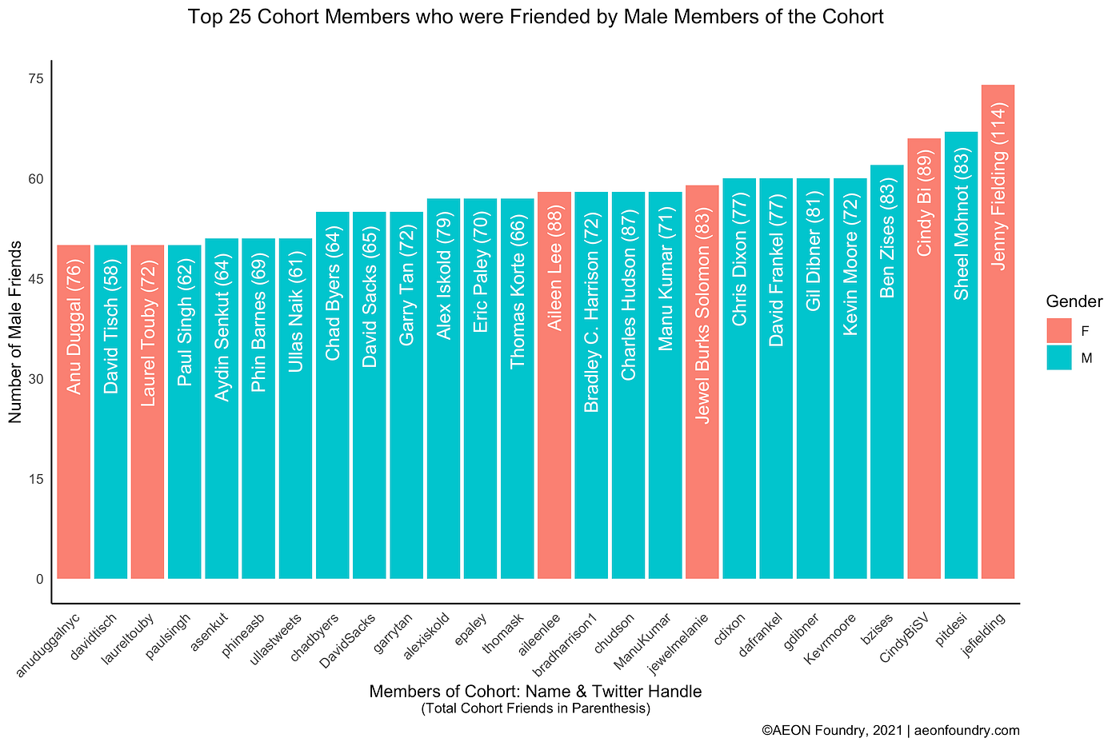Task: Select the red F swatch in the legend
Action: pos(1058,330)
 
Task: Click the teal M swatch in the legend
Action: pos(1058,357)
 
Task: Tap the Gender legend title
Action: pos(1074,301)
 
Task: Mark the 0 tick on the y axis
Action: pos(38,579)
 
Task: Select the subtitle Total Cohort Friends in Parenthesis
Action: pos(535,708)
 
